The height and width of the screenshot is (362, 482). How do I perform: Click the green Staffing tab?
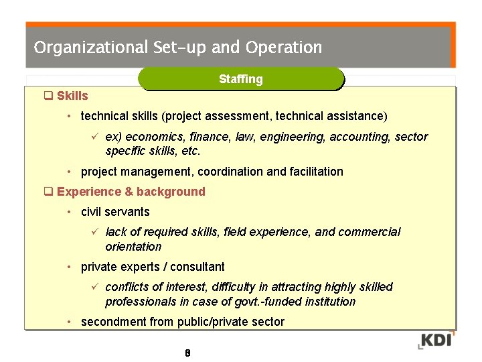coord(241,79)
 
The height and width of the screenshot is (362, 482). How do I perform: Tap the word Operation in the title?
coord(284,48)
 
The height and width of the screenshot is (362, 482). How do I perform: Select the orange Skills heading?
coord(72,96)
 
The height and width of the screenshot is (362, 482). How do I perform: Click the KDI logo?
coord(436,340)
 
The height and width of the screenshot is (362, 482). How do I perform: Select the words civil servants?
coord(115,212)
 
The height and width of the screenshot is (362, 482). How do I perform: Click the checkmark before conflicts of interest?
coord(95,287)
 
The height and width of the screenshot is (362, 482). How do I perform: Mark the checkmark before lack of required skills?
coord(95,232)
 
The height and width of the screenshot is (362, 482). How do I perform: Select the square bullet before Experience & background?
coord(48,192)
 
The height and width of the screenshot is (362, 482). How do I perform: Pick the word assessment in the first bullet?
coord(234,117)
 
